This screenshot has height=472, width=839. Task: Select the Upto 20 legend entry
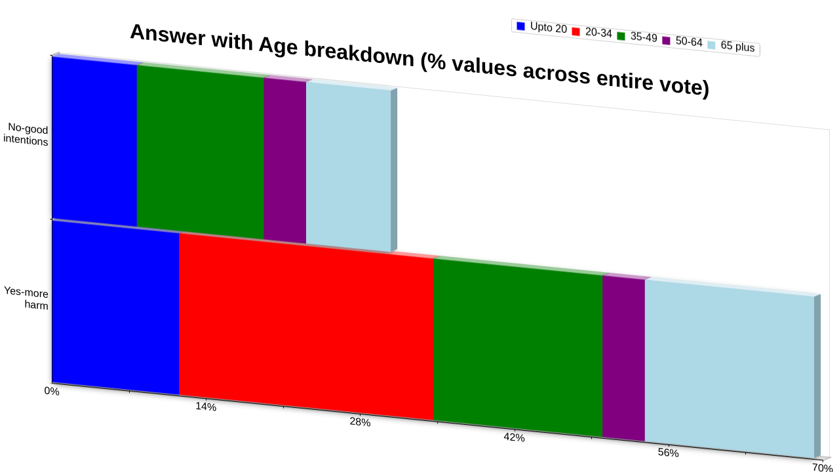tap(541, 28)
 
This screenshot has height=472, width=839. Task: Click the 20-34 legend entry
tap(592, 32)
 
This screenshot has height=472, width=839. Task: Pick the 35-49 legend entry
tap(637, 37)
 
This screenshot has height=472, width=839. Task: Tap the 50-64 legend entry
tap(682, 41)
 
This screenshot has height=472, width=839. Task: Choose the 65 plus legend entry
tap(731, 46)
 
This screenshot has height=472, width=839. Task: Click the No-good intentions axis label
tap(26, 135)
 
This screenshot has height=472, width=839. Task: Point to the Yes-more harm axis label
tap(26, 298)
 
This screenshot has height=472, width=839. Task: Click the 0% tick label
tap(52, 391)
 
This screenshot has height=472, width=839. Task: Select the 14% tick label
tap(206, 406)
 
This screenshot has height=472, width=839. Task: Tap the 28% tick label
tap(360, 422)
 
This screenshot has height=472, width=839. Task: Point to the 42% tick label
tap(515, 437)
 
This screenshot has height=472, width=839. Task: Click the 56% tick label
tap(668, 452)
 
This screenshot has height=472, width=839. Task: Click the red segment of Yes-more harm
tap(306, 326)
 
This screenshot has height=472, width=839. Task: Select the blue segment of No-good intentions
tap(94, 142)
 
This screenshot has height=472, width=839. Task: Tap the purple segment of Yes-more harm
tap(623, 358)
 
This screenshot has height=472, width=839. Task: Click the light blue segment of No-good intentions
tap(348, 167)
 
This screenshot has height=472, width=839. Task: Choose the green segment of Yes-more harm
tap(518, 347)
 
